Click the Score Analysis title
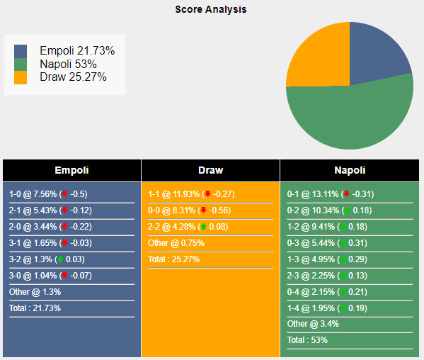(x=211, y=10)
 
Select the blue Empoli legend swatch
(x=21, y=51)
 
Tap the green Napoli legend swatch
(x=21, y=64)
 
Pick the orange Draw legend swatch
(x=21, y=77)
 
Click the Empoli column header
(x=71, y=170)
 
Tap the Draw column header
(x=210, y=170)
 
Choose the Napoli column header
(x=350, y=170)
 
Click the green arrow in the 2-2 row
(x=203, y=227)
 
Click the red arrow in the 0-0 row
(x=203, y=210)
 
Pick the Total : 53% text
(x=308, y=340)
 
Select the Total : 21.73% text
(x=35, y=308)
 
